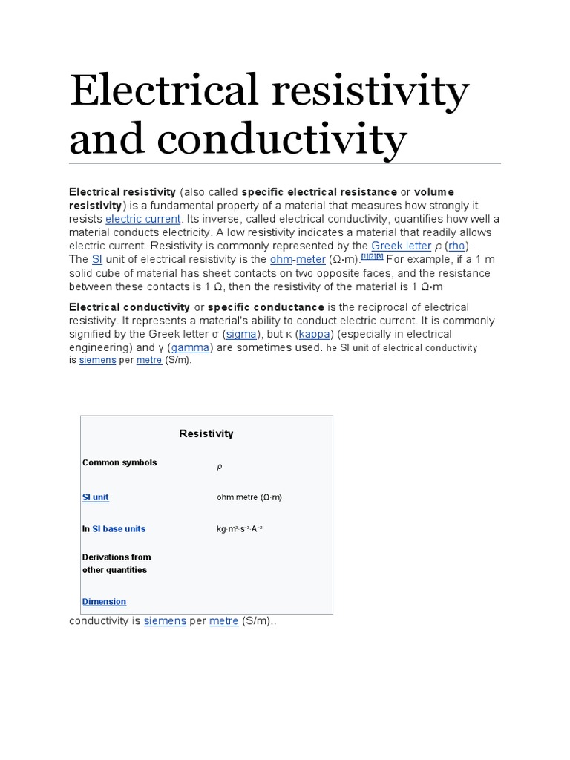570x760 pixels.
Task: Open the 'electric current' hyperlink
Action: point(143,219)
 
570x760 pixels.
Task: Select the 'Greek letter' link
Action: point(401,246)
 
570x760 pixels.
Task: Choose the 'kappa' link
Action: point(314,334)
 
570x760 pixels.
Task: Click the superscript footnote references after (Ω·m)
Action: point(372,256)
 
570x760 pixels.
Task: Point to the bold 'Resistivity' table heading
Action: point(206,433)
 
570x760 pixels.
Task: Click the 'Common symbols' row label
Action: point(119,462)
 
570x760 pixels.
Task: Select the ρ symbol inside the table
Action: point(219,467)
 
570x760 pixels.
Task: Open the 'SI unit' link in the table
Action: point(96,497)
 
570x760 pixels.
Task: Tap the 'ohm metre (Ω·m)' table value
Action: point(249,497)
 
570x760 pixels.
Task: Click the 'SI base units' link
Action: point(119,529)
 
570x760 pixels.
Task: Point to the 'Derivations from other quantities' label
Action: point(116,563)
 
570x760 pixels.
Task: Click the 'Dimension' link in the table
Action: point(104,601)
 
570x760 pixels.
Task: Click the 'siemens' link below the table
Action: point(165,620)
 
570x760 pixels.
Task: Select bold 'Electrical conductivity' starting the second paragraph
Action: point(129,307)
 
